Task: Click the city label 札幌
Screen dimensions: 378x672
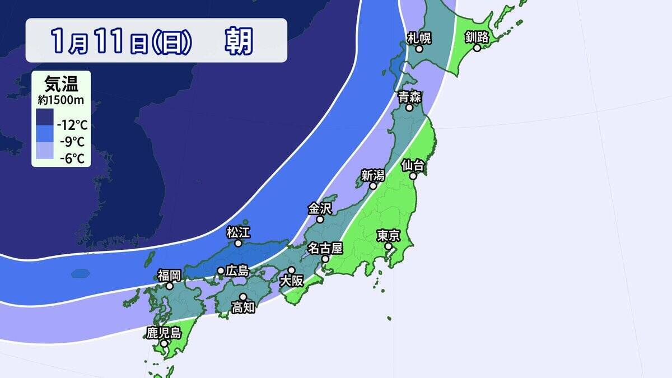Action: click(x=419, y=38)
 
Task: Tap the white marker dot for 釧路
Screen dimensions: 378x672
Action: click(x=477, y=48)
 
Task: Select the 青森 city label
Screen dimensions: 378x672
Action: click(x=410, y=96)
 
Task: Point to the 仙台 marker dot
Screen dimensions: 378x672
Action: click(x=413, y=176)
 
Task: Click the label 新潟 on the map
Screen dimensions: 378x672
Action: click(x=372, y=175)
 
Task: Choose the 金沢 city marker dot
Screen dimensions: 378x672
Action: click(x=320, y=220)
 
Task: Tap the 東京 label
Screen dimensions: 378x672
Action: click(x=388, y=235)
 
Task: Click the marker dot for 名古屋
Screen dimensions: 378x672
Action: click(x=325, y=259)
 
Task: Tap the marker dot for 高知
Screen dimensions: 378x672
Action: click(x=243, y=297)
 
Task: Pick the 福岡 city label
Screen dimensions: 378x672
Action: click(x=169, y=275)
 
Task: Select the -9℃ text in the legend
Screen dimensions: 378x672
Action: click(x=72, y=142)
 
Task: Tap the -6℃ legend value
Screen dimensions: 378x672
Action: click(x=72, y=159)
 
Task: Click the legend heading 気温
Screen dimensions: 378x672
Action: click(x=60, y=84)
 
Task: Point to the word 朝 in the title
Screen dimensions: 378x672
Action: click(x=239, y=41)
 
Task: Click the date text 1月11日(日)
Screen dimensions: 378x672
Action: click(x=121, y=41)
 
